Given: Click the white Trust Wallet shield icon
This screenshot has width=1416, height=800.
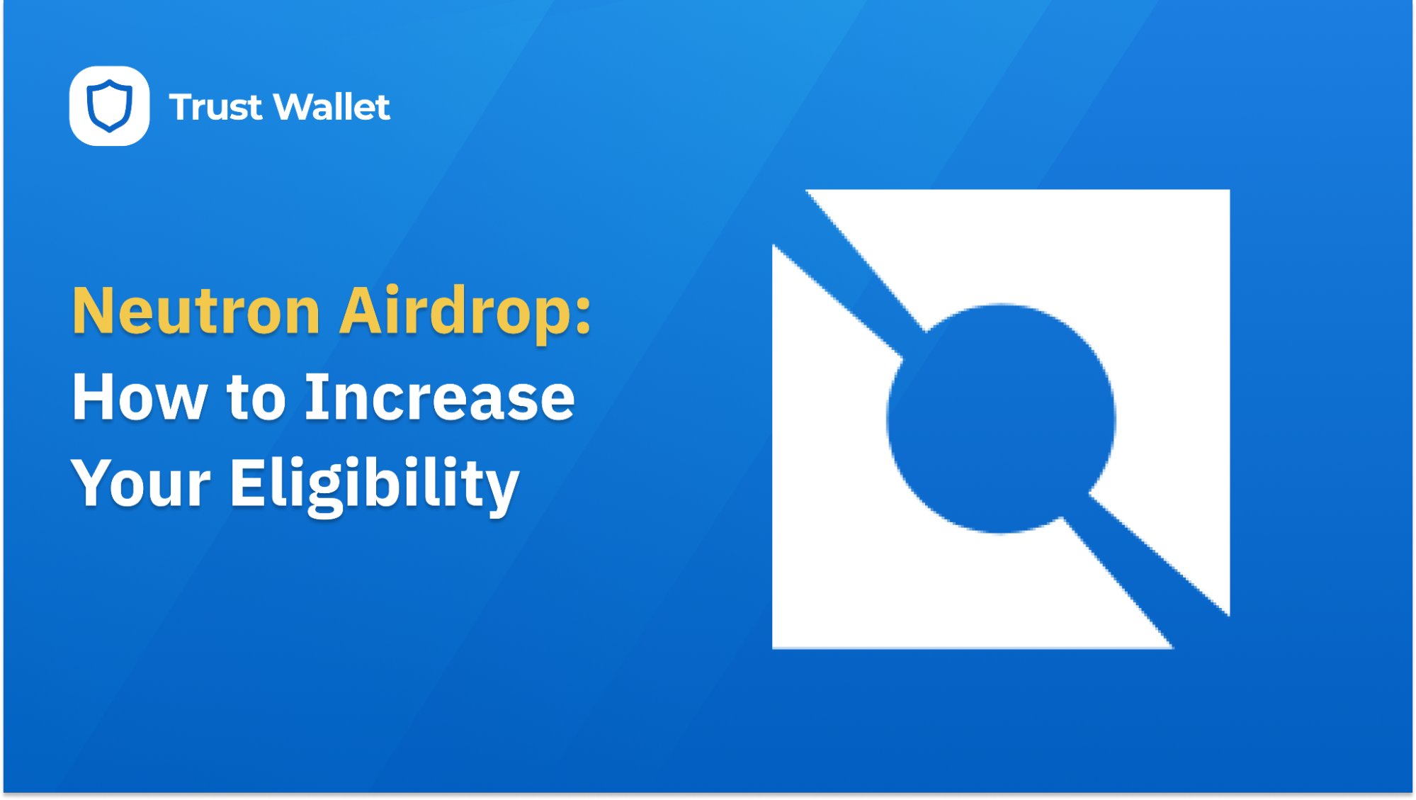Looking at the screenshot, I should tap(109, 106).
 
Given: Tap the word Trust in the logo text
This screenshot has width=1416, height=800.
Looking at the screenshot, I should tap(215, 108).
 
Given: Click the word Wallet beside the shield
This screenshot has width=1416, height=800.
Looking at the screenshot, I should tap(331, 107).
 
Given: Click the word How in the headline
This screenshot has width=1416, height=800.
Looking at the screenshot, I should tap(139, 398).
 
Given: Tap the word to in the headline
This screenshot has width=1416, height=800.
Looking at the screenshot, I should tap(256, 398).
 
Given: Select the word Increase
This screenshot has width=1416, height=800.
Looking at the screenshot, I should tap(439, 398).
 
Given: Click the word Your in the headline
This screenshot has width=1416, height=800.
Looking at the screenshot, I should tap(140, 485).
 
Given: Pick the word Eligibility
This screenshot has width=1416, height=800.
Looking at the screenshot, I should tap(374, 485).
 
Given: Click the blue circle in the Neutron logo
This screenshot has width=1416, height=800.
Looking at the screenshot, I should tap(1000, 418).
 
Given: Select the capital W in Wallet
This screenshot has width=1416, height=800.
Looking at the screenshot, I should tap(294, 107).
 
